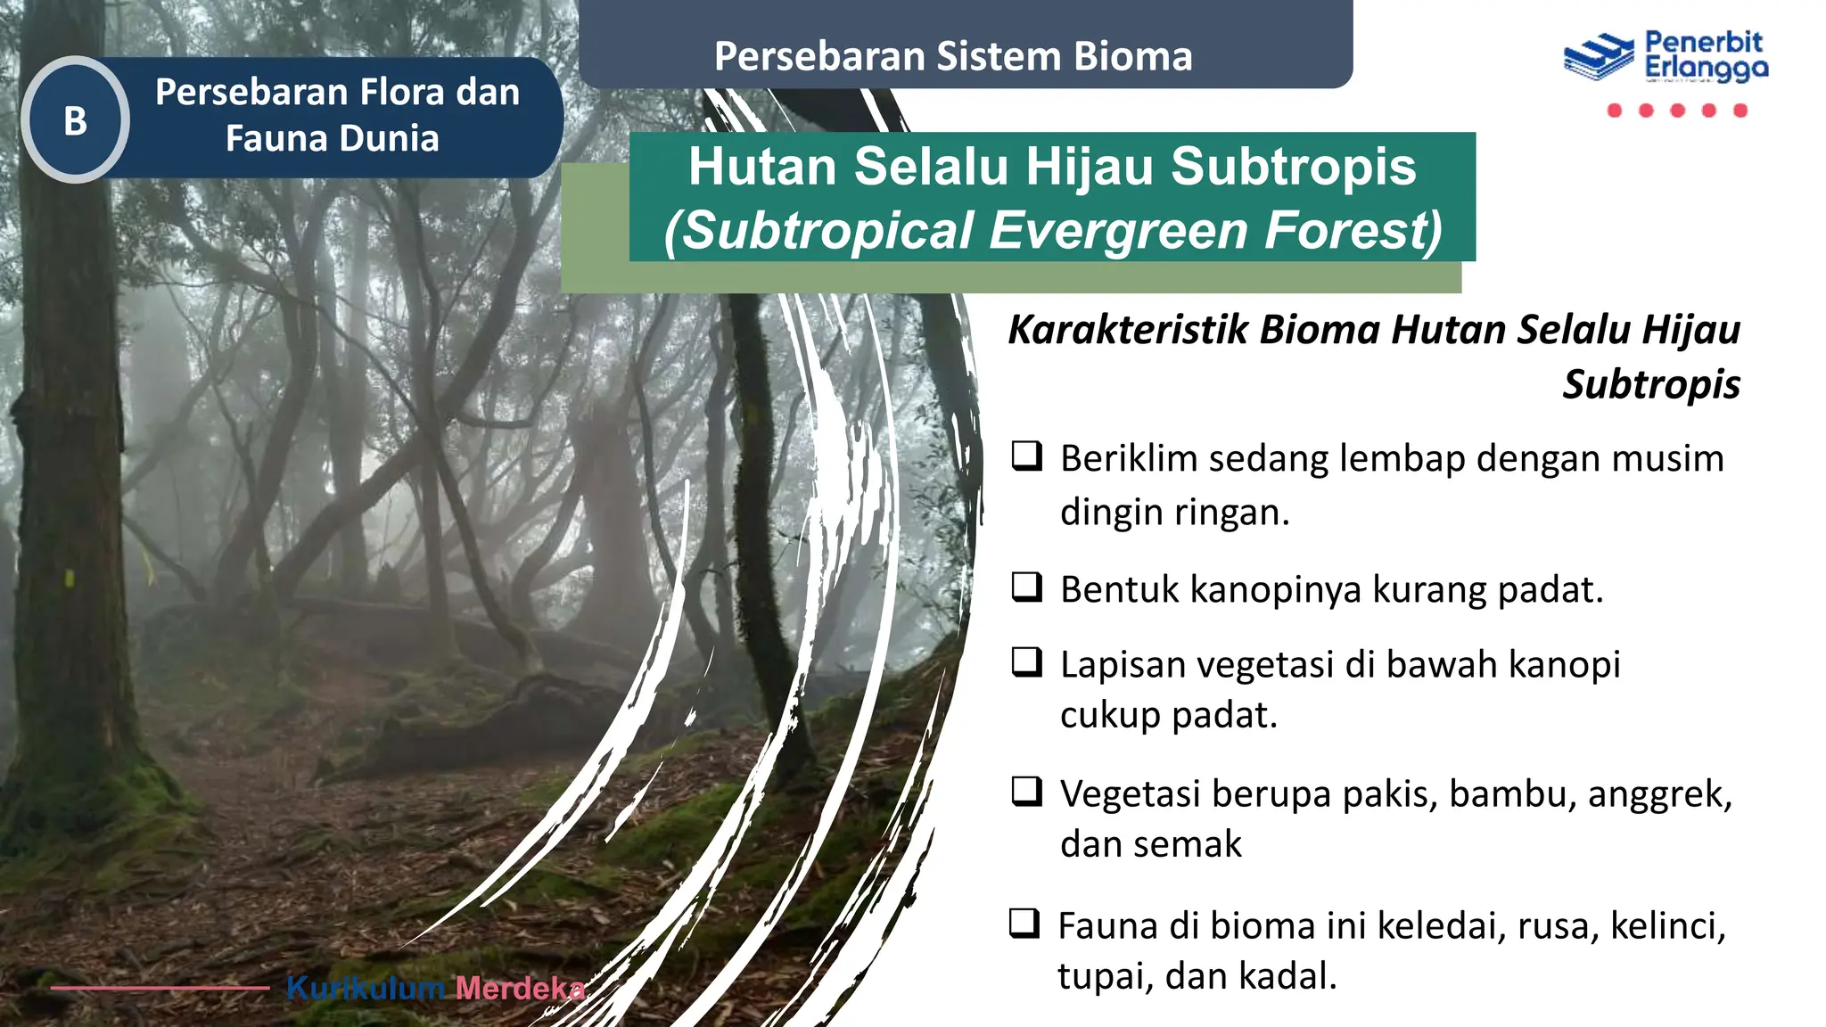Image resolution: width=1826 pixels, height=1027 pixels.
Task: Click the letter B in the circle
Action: click(75, 121)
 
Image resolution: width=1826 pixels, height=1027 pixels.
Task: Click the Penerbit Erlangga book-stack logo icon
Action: click(1598, 57)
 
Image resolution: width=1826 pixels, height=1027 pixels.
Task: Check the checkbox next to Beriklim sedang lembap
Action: click(1027, 456)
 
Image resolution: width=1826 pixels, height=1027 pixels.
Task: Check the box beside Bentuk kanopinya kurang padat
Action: click(1027, 587)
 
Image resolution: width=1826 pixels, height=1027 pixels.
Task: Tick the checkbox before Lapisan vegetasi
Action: click(1027, 661)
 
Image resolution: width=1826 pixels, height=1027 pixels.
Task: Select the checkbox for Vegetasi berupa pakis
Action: click(1027, 791)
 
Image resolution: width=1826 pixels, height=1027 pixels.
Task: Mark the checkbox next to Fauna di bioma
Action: click(1024, 923)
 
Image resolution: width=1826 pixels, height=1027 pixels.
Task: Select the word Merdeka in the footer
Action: click(520, 988)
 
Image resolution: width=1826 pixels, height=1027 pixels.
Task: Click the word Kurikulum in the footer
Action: click(366, 988)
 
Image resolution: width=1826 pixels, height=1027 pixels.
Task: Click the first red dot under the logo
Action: click(1614, 111)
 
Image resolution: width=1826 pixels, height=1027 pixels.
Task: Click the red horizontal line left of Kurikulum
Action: click(160, 988)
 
